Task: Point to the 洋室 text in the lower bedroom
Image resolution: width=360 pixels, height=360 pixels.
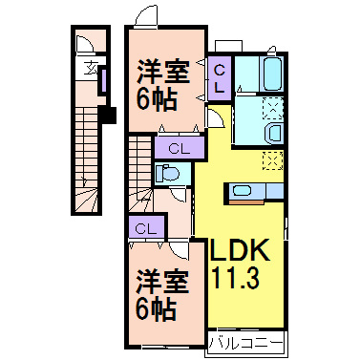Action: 159,281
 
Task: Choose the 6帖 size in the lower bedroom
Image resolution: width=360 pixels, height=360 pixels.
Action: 155,308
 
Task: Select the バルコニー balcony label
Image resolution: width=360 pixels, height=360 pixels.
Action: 244,340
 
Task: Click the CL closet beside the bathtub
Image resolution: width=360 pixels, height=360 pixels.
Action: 219,75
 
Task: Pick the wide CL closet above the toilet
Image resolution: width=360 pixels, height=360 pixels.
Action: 179,147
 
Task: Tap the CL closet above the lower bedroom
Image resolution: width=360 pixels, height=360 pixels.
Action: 145,228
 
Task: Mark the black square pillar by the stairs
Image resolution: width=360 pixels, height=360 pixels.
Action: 107,116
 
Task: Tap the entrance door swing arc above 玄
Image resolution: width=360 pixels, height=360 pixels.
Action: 84,46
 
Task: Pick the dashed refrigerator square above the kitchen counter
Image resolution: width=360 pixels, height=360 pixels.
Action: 272,159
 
